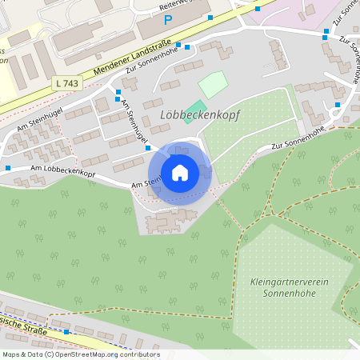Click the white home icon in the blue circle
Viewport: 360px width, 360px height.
180,173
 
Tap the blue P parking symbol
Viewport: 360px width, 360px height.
167,20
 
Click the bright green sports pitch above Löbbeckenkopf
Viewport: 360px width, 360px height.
195,107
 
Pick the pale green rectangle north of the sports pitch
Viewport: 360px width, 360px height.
213,84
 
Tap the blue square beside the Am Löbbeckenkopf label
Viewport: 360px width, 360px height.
8,168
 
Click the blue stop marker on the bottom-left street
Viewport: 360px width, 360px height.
67,330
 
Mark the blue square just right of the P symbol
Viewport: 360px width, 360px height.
210,17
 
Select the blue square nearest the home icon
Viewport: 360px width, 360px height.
148,147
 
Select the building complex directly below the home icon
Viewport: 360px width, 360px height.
170,218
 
